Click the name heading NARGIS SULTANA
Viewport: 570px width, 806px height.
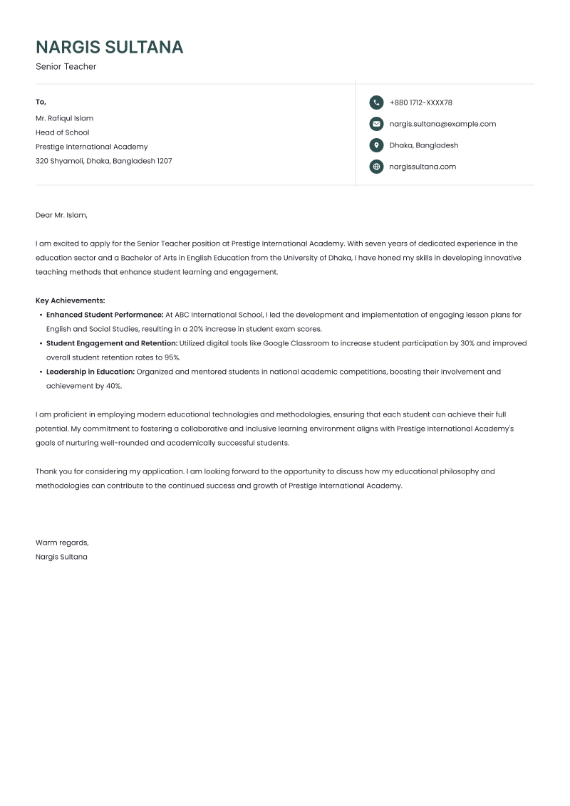(109, 47)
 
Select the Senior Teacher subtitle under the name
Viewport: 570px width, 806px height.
(66, 67)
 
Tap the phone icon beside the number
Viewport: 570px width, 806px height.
(376, 103)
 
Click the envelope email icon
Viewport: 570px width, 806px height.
(376, 124)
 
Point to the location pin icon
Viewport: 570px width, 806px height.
(376, 145)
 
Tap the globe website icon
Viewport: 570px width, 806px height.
(376, 167)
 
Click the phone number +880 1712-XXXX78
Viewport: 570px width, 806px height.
(420, 103)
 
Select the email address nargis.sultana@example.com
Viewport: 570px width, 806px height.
(442, 124)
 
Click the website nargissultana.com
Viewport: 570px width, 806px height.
(423, 167)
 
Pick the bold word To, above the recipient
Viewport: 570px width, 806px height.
(41, 103)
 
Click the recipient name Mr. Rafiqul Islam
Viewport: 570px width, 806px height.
(64, 118)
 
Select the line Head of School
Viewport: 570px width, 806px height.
(62, 132)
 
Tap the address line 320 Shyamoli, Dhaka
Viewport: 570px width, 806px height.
(103, 161)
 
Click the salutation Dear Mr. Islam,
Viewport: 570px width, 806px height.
(61, 215)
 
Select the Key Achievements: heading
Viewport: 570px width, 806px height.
(70, 300)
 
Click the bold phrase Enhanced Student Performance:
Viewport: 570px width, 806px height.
(105, 315)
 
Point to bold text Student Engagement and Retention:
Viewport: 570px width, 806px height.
(112, 343)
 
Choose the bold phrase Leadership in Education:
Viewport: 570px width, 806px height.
(90, 372)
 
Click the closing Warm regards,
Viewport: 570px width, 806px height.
(62, 543)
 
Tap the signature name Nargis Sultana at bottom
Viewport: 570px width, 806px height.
(61, 557)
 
